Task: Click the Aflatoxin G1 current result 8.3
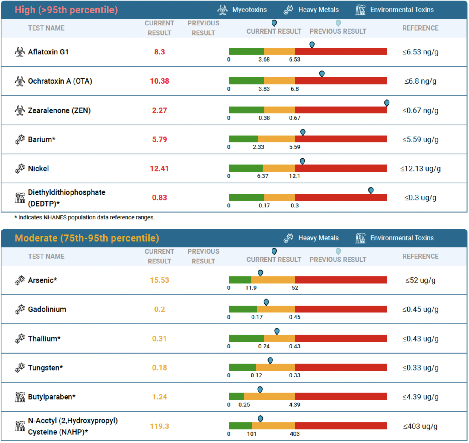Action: tap(159, 52)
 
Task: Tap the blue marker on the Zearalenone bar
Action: tap(387, 103)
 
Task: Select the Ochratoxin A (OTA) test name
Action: tap(60, 81)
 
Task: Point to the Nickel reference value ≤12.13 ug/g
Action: tap(420, 169)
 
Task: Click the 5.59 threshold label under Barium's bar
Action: tap(295, 147)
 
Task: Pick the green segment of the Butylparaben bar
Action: tap(236, 397)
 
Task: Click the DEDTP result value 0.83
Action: tap(159, 198)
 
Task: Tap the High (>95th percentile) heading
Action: tap(66, 10)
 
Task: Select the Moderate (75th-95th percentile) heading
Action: tap(87, 238)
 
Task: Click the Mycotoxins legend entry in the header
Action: tap(242, 10)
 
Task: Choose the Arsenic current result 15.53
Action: tap(159, 280)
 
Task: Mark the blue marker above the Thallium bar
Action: tap(277, 331)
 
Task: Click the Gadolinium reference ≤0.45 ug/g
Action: tap(420, 309)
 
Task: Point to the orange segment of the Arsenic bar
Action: tap(273, 280)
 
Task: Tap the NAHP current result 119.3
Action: tap(159, 426)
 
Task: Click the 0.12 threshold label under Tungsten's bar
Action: tap(256, 375)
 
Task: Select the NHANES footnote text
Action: tap(85, 217)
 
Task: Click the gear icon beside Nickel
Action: tap(20, 169)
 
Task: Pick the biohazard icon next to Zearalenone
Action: tap(20, 110)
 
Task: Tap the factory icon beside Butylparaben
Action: tap(20, 397)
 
